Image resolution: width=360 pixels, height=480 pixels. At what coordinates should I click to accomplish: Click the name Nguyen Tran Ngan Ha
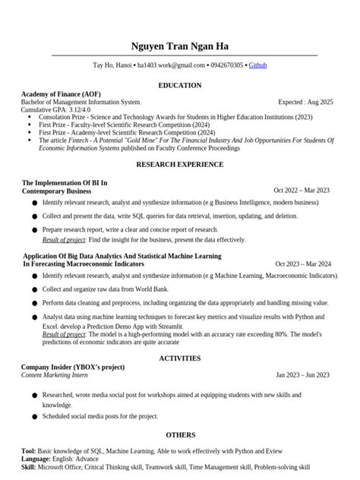click(180, 46)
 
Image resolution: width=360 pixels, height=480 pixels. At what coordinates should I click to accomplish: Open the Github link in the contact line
click(257, 66)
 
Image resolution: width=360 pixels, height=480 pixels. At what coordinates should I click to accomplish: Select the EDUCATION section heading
click(180, 85)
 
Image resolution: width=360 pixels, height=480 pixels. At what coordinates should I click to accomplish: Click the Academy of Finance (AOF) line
click(61, 93)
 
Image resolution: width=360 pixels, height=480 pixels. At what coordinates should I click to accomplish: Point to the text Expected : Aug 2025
click(305, 102)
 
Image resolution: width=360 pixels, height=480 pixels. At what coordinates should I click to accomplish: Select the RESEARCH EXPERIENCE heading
click(180, 164)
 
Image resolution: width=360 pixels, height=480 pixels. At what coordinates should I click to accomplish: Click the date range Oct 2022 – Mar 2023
click(302, 191)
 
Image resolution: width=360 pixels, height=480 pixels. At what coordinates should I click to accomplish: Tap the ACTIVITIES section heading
click(180, 358)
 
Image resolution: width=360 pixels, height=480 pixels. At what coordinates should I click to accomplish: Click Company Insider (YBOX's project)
click(73, 367)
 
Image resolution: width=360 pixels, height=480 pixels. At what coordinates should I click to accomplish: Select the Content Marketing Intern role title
click(54, 375)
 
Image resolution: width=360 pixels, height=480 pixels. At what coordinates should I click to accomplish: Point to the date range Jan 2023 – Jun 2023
click(302, 375)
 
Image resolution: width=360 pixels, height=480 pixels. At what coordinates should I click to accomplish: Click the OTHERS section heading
click(180, 435)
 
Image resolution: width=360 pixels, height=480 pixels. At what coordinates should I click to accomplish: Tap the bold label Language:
click(36, 459)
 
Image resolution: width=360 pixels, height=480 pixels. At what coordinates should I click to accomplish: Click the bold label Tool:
click(29, 451)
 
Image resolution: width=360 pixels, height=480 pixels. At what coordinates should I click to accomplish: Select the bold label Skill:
click(29, 467)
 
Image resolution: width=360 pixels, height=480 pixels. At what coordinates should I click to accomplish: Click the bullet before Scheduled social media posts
click(34, 417)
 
